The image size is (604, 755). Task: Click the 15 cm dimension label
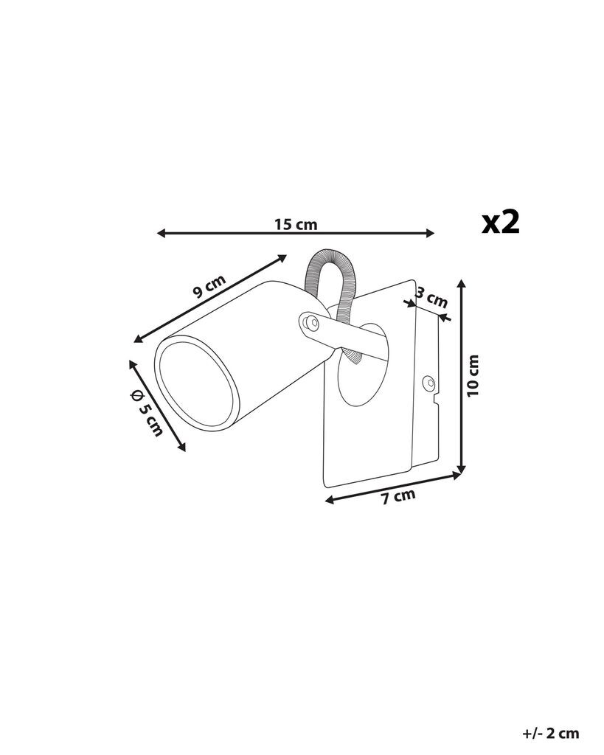coord(296,224)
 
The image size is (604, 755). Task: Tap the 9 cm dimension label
coord(209,287)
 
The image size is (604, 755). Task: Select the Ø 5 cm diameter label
coord(147,412)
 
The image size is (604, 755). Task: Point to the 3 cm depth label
coord(431,298)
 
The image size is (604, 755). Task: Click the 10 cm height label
coord(473,375)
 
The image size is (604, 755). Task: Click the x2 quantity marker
coord(501,222)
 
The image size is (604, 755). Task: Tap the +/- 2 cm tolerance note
coord(551,734)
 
